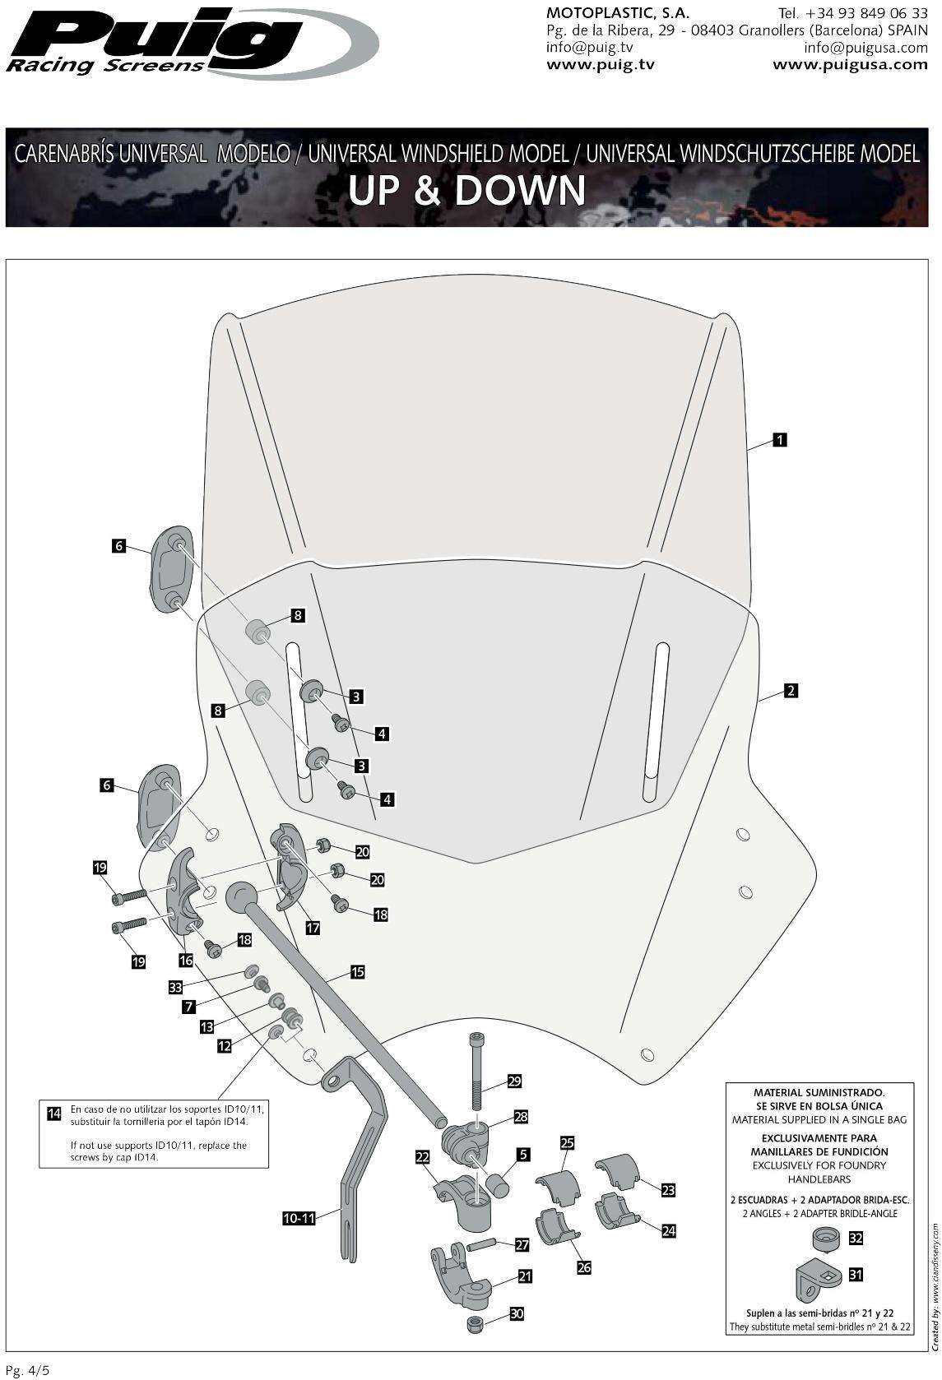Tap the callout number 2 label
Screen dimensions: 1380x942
(790, 691)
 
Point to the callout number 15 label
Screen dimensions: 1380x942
(357, 972)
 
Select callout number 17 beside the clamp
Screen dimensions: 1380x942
(313, 927)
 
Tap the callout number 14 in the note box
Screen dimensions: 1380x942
(54, 1114)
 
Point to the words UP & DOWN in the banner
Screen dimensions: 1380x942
(466, 191)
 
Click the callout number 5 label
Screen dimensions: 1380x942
(522, 1155)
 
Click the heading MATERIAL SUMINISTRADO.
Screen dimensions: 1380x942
(819, 1093)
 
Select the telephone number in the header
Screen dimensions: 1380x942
(852, 14)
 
